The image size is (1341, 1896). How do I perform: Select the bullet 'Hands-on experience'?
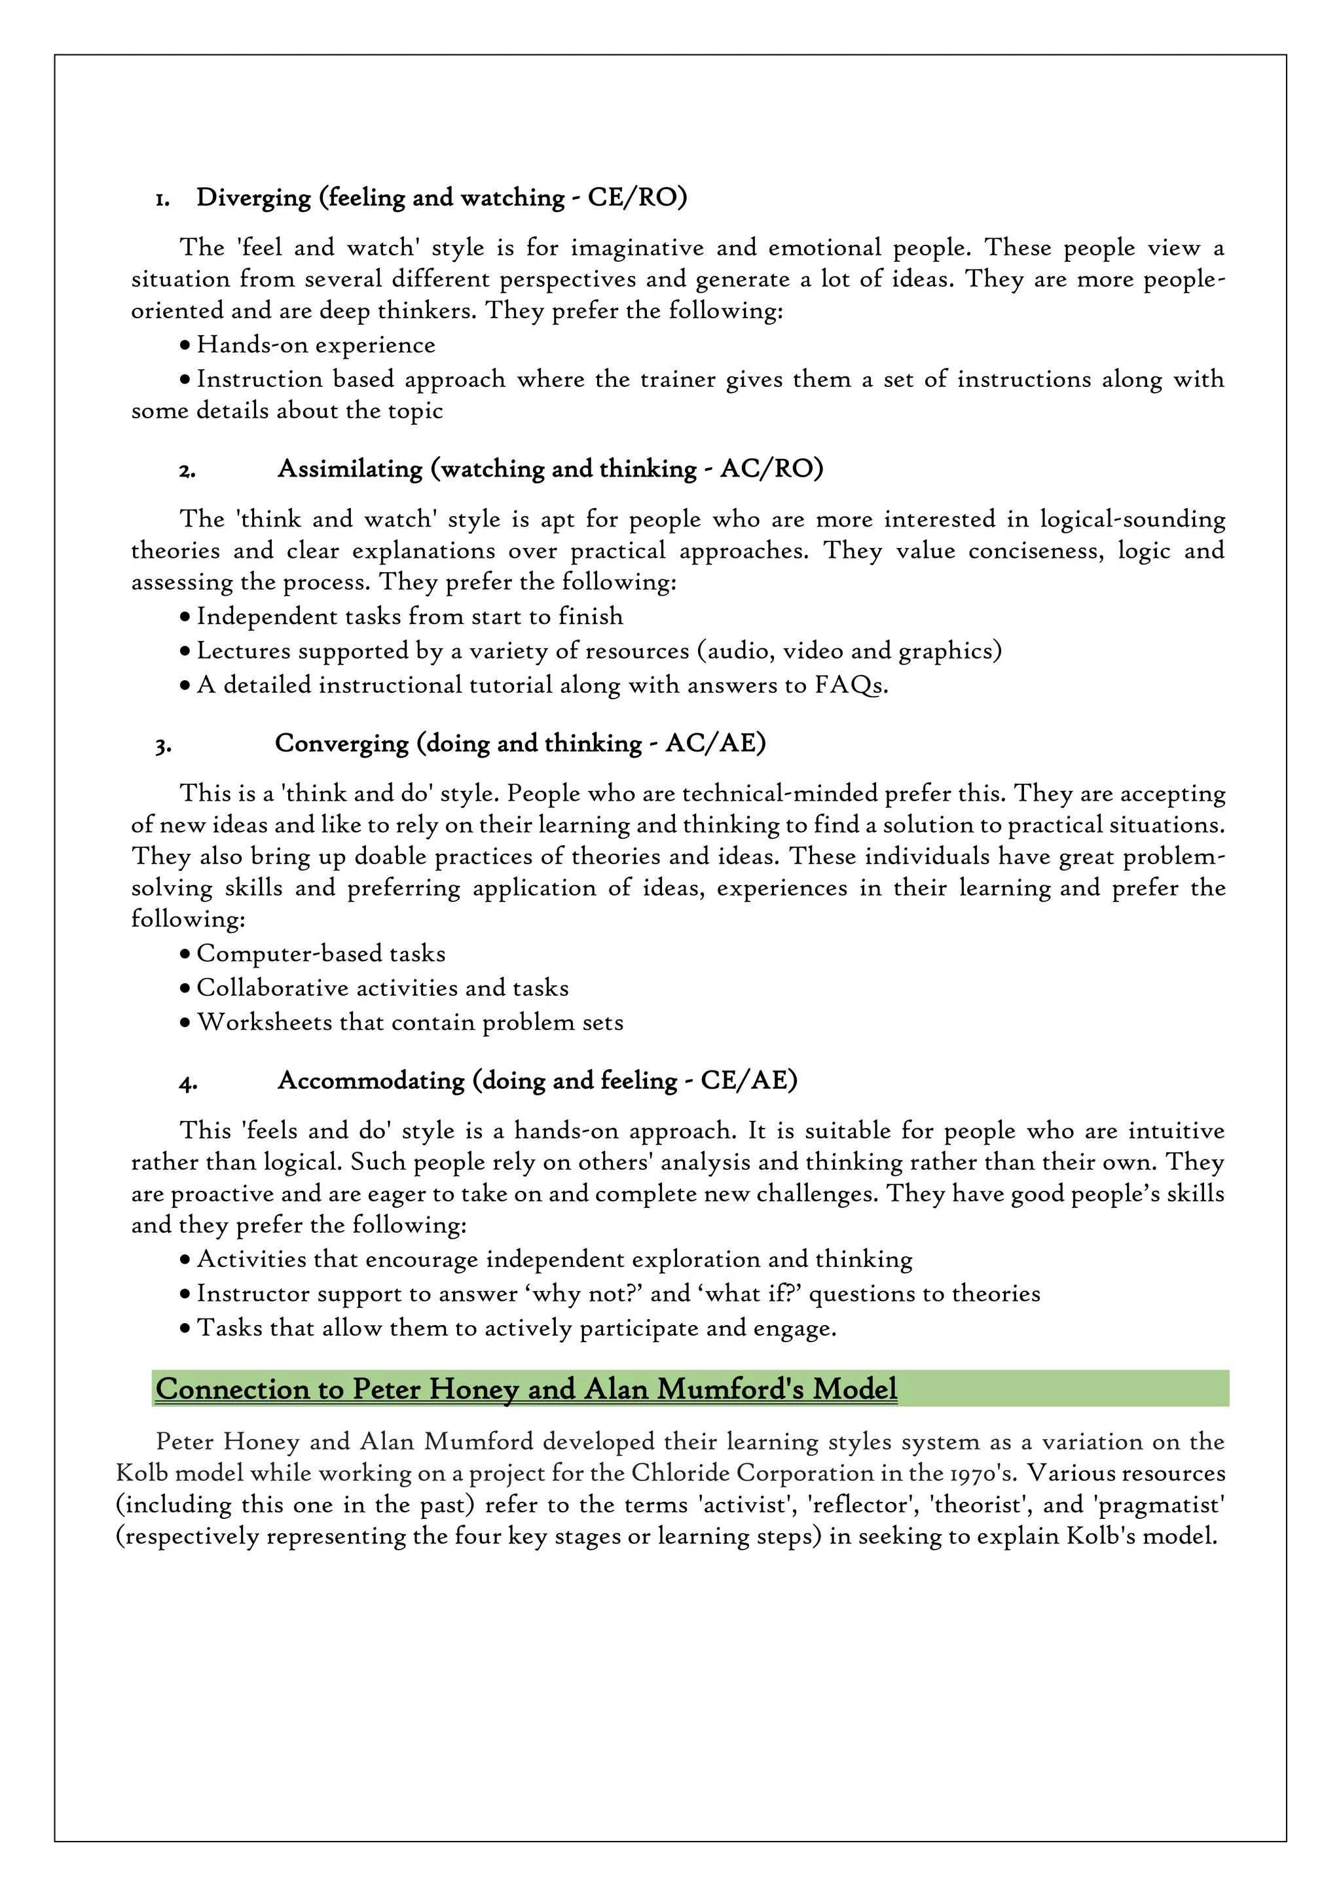click(x=316, y=345)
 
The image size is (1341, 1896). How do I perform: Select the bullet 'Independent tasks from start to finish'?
click(x=409, y=617)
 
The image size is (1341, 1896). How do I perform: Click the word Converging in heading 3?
click(x=341, y=743)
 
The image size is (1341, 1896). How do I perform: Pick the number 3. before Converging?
click(x=162, y=746)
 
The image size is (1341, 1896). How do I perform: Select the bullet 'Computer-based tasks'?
click(x=320, y=954)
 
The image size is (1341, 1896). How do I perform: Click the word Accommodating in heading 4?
click(x=371, y=1080)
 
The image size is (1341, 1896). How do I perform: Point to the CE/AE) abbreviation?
click(x=748, y=1080)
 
